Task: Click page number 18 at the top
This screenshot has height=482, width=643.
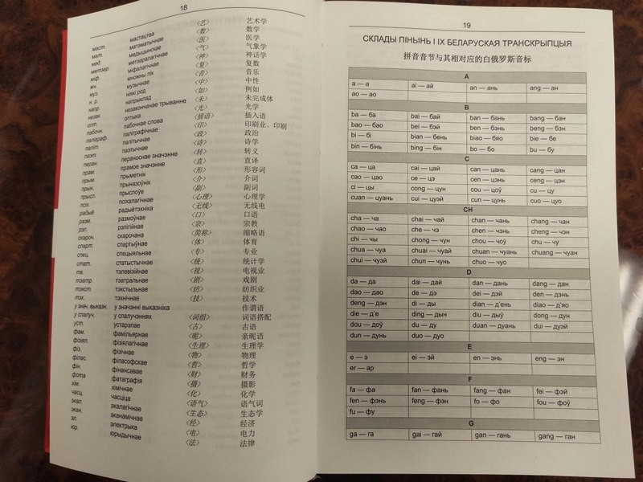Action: pos(184,7)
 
